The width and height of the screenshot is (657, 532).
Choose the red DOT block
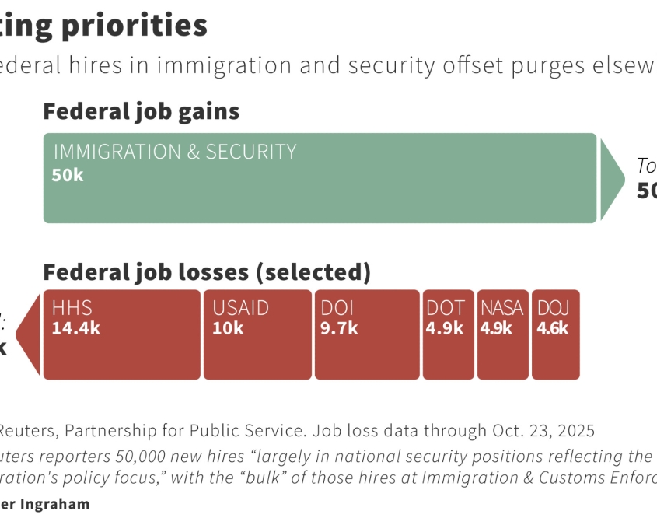(448, 354)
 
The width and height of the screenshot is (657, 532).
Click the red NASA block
(502, 354)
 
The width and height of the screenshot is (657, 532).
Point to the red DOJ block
(555, 354)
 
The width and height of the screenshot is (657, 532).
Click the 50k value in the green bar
(68, 175)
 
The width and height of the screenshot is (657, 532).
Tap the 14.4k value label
(75, 328)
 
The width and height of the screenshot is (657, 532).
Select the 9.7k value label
(339, 328)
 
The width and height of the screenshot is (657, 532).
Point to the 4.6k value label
(552, 328)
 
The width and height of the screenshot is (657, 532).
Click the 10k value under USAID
(228, 328)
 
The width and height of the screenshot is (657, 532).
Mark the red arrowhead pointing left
(30, 335)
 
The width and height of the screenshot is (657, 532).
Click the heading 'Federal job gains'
(141, 112)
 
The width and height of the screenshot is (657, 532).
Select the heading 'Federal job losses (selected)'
(206, 273)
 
